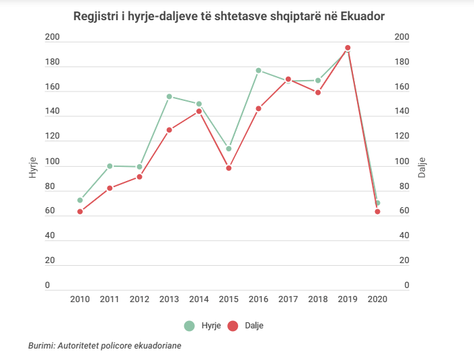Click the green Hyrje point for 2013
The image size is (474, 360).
(169, 96)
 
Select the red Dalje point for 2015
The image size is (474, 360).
(229, 168)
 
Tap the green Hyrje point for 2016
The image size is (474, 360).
(258, 70)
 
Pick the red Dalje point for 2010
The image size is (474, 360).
(80, 211)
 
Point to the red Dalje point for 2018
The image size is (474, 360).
(318, 92)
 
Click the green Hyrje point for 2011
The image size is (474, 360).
(110, 166)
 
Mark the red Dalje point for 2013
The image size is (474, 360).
(169, 130)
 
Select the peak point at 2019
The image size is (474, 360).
(348, 48)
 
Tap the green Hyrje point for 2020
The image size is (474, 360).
(378, 203)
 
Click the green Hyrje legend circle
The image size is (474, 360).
(190, 326)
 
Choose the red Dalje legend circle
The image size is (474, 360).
(233, 326)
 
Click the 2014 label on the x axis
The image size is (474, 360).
(199, 299)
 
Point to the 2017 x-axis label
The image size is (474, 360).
(288, 299)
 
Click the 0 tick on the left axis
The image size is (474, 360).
(48, 285)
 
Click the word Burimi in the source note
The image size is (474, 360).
(42, 345)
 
